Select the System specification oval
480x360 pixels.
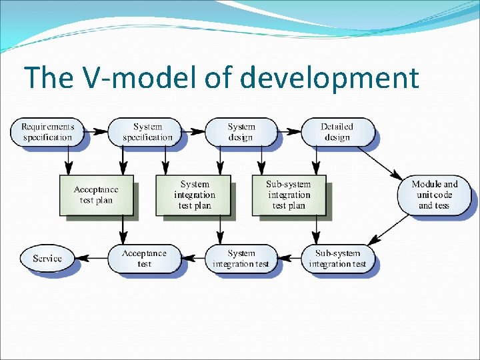point(147,132)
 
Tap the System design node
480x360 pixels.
point(241,132)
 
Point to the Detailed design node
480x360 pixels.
point(337,132)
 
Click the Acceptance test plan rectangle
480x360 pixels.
point(96,195)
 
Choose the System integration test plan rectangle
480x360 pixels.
point(193,195)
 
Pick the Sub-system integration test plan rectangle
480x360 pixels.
point(289,195)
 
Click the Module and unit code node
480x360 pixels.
point(434,195)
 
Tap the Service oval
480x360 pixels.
point(47,259)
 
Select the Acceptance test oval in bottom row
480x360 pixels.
point(144,259)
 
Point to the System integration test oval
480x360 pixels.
point(241,259)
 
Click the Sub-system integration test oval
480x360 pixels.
point(337,259)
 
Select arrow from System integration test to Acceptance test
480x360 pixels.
point(193,259)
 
